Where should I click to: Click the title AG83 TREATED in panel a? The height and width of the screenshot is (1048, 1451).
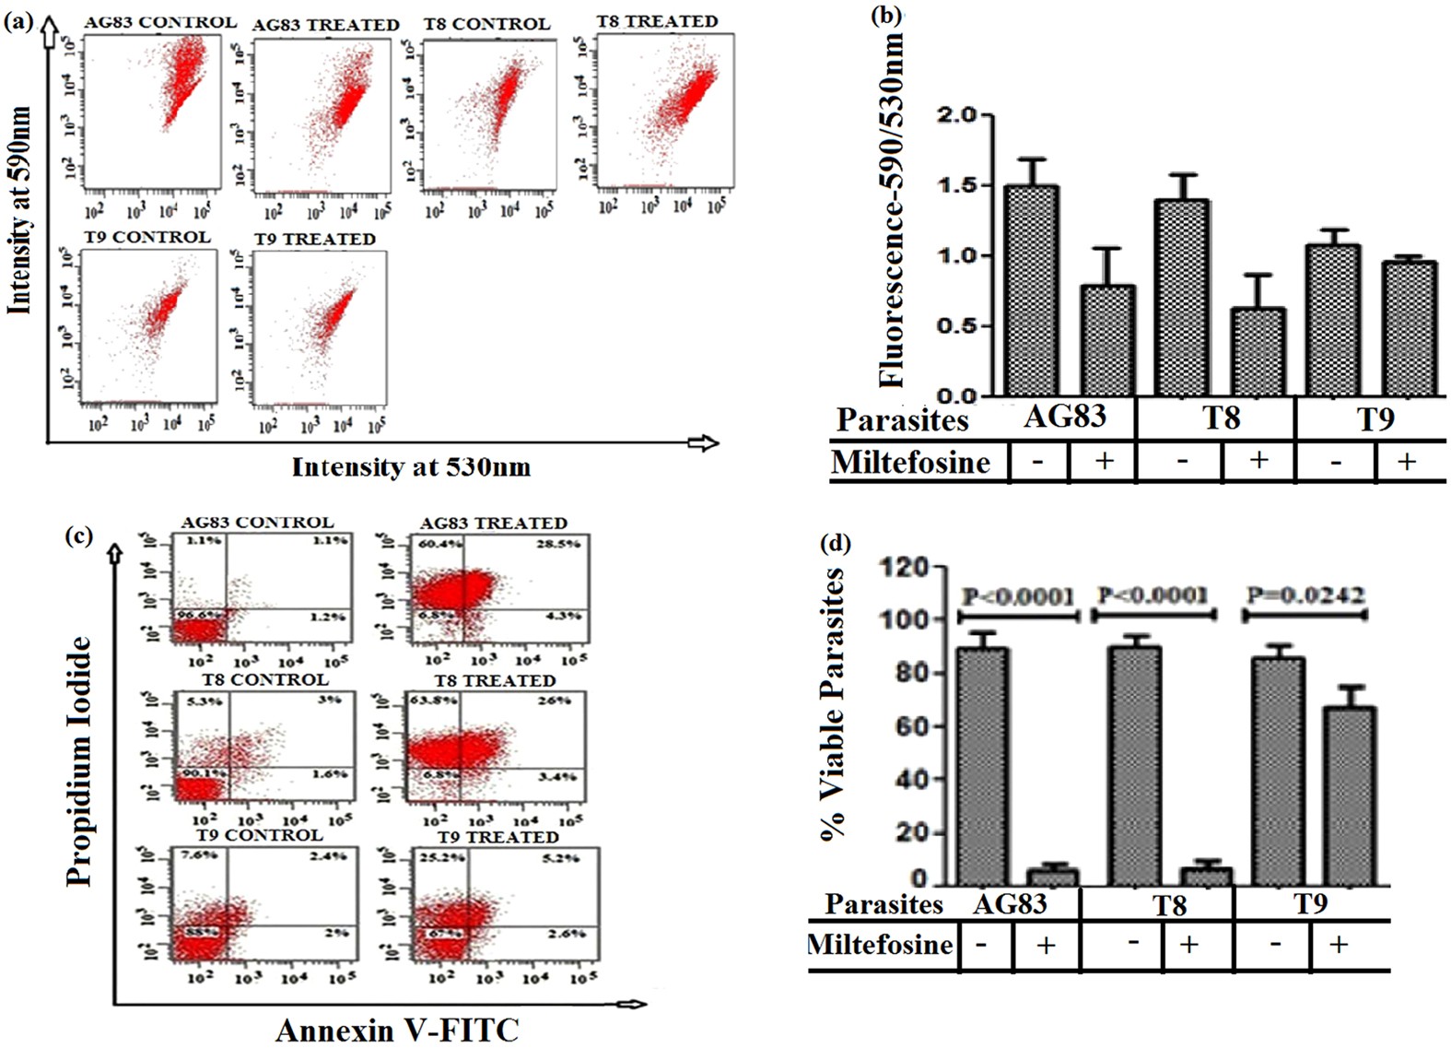point(325,25)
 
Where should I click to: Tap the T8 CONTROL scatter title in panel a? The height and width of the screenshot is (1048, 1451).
point(486,24)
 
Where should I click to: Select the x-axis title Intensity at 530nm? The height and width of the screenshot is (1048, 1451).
point(411,467)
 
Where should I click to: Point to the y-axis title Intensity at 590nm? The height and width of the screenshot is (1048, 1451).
point(19,210)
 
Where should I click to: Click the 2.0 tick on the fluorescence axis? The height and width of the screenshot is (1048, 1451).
point(958,115)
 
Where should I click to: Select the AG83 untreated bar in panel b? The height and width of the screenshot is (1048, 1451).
point(1031,290)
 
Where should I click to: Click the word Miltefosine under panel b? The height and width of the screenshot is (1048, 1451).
point(910,461)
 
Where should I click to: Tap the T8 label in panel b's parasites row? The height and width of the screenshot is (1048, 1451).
point(1221,418)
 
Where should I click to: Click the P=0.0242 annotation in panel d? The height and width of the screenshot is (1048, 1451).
point(1305,595)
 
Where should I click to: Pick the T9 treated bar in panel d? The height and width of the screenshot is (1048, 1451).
point(1350,795)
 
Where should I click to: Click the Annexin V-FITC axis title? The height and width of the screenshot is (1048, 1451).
point(397,1030)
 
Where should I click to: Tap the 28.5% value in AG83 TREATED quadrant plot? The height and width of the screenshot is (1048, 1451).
point(558,545)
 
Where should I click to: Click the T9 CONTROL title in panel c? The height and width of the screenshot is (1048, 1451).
point(259,835)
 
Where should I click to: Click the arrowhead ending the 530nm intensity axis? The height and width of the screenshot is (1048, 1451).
point(705,443)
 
